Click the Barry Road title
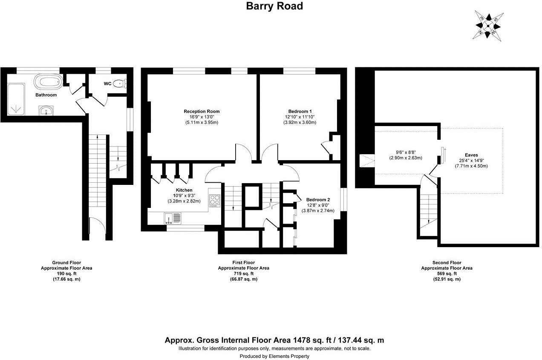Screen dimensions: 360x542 coord(275,6)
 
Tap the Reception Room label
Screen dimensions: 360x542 coord(202,112)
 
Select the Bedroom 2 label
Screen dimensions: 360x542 coord(318,200)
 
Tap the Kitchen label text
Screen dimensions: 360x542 coord(184,190)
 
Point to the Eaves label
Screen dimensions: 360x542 coord(471,156)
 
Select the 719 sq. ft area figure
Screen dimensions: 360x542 coord(243,274)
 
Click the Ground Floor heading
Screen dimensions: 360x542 coord(66,263)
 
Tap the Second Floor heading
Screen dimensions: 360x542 coord(447,263)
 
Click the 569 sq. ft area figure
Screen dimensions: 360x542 coord(447,274)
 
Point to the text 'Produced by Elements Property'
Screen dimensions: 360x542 coord(274,356)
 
